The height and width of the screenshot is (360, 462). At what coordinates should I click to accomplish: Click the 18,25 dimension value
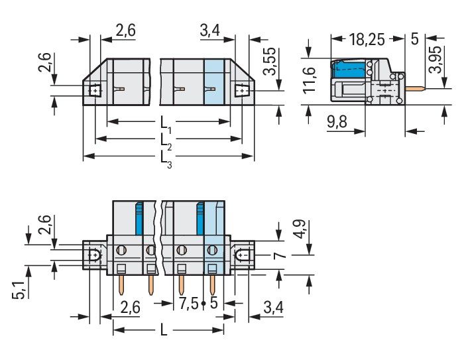click(x=367, y=39)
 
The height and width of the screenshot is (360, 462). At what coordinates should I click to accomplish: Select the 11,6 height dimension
click(x=310, y=81)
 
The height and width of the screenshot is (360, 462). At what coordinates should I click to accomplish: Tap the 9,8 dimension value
click(x=337, y=121)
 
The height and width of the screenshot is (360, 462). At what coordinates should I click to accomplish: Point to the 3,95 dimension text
click(x=435, y=59)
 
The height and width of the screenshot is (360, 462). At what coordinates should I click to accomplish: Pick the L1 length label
click(x=166, y=125)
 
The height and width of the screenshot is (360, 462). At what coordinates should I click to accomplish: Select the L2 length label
click(x=166, y=141)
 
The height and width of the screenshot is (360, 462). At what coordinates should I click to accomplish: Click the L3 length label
click(x=166, y=160)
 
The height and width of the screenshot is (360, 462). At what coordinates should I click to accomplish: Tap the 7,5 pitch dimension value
click(x=188, y=303)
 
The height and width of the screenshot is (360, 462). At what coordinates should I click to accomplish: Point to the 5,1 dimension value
click(x=19, y=290)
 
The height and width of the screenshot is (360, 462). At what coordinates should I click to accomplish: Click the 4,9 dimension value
click(x=301, y=229)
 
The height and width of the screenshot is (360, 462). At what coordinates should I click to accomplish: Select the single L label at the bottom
click(x=164, y=330)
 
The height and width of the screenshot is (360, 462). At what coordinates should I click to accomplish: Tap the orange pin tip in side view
click(x=423, y=88)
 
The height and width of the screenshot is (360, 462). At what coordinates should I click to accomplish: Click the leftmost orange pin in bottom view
click(x=121, y=285)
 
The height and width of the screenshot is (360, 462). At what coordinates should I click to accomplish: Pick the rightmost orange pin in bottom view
click(x=212, y=285)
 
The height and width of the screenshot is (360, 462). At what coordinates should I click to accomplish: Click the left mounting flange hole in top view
click(x=95, y=91)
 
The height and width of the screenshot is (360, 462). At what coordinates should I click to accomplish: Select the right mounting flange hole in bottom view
click(x=243, y=255)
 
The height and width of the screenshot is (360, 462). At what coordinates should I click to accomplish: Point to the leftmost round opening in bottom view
click(x=121, y=251)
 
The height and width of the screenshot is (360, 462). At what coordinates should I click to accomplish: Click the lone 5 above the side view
click(x=414, y=38)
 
